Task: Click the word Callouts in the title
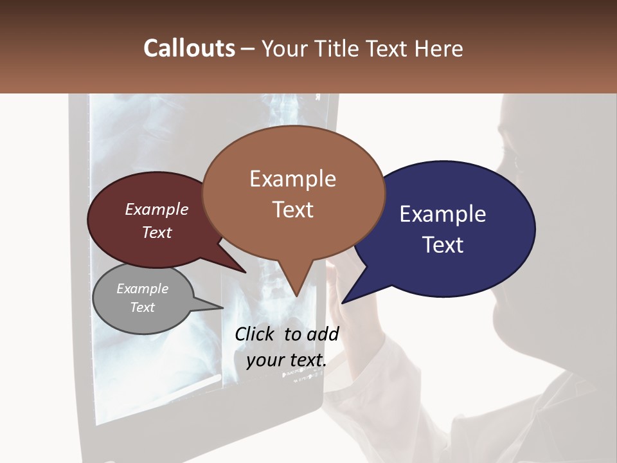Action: (x=189, y=48)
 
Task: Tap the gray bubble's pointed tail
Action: (x=215, y=305)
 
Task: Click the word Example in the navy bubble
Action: (x=442, y=214)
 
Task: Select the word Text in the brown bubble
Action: (x=293, y=210)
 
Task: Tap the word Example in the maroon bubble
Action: (x=157, y=210)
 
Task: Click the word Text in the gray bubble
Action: (x=143, y=307)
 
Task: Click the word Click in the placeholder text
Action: (x=255, y=334)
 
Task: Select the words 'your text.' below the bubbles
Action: (x=286, y=360)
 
